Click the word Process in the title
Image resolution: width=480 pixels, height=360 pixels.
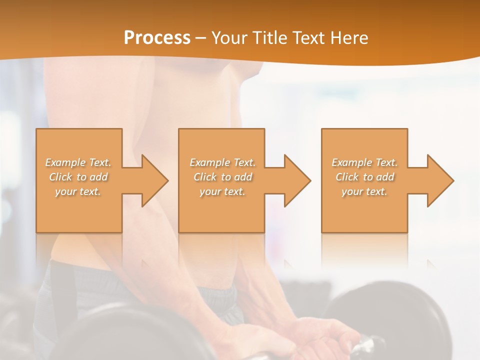157,38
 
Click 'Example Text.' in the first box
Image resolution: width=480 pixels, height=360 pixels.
78,162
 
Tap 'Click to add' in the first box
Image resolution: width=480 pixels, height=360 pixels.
78,177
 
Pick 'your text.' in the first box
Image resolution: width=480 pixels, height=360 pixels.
78,191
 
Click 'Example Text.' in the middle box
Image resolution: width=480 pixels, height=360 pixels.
222,162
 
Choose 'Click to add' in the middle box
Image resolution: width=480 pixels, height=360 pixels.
222,177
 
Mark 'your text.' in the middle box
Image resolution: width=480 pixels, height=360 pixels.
222,191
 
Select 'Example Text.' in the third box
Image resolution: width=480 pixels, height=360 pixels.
364,162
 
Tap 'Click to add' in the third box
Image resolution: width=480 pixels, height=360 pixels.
364,177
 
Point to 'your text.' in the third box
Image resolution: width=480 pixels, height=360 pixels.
364,191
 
